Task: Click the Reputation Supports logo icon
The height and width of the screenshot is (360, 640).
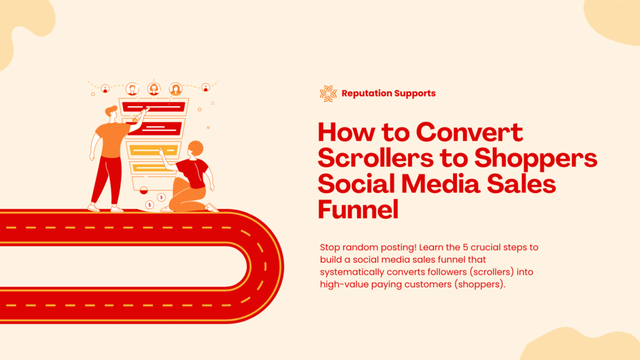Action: pyautogui.click(x=328, y=94)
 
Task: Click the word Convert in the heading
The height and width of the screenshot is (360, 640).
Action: pyautogui.click(x=469, y=132)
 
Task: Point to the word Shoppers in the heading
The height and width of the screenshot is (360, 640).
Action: pyautogui.click(x=536, y=159)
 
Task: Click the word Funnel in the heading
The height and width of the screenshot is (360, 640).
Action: pyautogui.click(x=358, y=209)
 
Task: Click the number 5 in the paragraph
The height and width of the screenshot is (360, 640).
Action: pyautogui.click(x=465, y=247)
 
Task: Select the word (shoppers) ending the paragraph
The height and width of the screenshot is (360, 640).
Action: pyautogui.click(x=479, y=284)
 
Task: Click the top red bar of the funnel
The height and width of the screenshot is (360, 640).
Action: pyautogui.click(x=154, y=107)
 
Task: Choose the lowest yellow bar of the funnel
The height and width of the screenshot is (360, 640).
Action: pyautogui.click(x=149, y=167)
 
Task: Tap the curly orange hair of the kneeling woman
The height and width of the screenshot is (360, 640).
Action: pyautogui.click(x=196, y=147)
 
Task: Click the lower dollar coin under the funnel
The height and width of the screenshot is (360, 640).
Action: pyautogui.click(x=150, y=204)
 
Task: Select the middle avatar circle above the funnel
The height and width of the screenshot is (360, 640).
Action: pyautogui.click(x=154, y=89)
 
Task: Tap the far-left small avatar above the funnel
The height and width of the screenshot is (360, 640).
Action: pyautogui.click(x=105, y=88)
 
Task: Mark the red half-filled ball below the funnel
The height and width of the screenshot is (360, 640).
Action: pyautogui.click(x=144, y=190)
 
